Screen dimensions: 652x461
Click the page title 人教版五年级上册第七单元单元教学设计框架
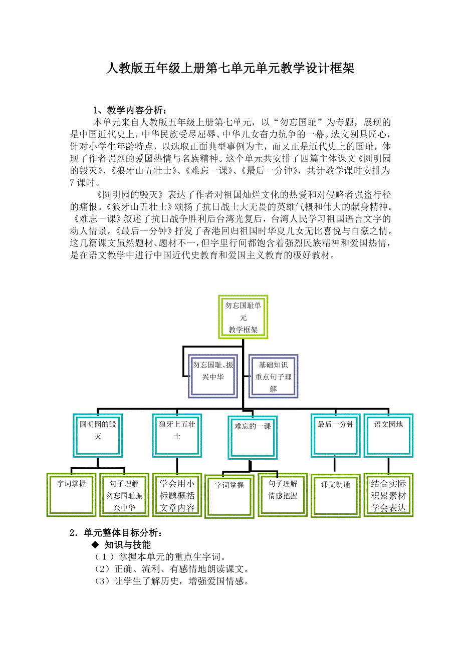(x=231, y=69)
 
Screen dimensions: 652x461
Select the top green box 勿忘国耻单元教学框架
(x=243, y=317)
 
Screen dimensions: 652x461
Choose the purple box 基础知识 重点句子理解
(x=273, y=376)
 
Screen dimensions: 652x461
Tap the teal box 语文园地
(x=388, y=435)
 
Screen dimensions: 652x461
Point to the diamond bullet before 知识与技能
(x=94, y=545)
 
